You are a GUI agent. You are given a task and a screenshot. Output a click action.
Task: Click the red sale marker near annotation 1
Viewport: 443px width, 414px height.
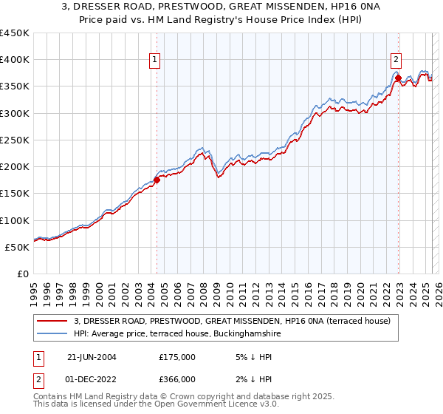click(157, 180)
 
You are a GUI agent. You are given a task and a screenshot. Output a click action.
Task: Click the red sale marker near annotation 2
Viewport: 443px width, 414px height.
click(398, 78)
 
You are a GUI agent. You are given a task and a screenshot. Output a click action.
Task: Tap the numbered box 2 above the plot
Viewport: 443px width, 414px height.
click(396, 61)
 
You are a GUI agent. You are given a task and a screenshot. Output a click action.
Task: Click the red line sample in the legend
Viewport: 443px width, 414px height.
click(53, 321)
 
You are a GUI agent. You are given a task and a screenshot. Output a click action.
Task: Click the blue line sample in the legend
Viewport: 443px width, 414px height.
click(53, 334)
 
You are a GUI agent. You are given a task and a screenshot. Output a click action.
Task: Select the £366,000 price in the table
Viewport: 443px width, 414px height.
click(176, 379)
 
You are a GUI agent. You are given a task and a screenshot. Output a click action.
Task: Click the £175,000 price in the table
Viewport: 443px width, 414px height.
click(176, 356)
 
